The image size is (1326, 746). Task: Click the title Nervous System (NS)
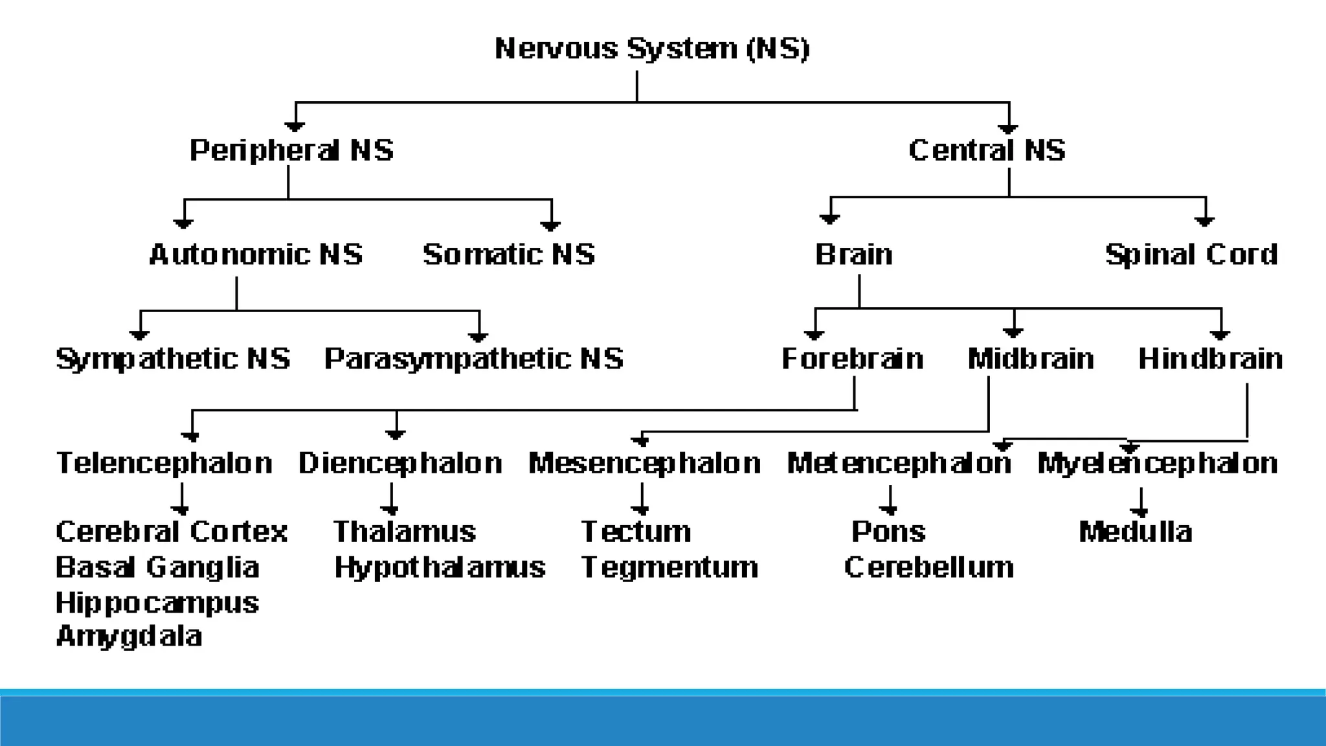pyautogui.click(x=652, y=49)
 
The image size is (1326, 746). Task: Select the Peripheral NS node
pyautogui.click(x=291, y=150)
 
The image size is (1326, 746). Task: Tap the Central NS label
pyautogui.click(x=987, y=150)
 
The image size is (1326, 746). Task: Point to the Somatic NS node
pyautogui.click(x=509, y=254)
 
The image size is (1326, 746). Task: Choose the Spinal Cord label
pyautogui.click(x=1191, y=254)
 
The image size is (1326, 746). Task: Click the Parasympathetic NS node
pyautogui.click(x=473, y=359)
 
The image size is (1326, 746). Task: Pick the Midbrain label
pyautogui.click(x=1031, y=359)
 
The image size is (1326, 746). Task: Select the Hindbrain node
pyautogui.click(x=1210, y=359)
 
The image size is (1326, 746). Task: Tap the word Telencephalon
pyautogui.click(x=164, y=463)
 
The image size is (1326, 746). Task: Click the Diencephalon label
pyautogui.click(x=400, y=463)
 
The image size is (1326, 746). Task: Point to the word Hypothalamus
pyautogui.click(x=440, y=567)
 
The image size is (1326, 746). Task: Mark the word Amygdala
pyautogui.click(x=129, y=636)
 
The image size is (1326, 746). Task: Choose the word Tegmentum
pyautogui.click(x=669, y=567)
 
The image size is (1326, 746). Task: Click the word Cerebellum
pyautogui.click(x=928, y=567)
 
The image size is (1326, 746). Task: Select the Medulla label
pyautogui.click(x=1135, y=532)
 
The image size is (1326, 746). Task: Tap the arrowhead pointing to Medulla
pyautogui.click(x=1141, y=512)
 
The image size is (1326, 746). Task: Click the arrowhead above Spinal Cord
pyautogui.click(x=1204, y=221)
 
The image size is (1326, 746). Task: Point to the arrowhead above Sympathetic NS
pyautogui.click(x=140, y=335)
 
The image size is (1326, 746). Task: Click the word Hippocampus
pyautogui.click(x=157, y=603)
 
